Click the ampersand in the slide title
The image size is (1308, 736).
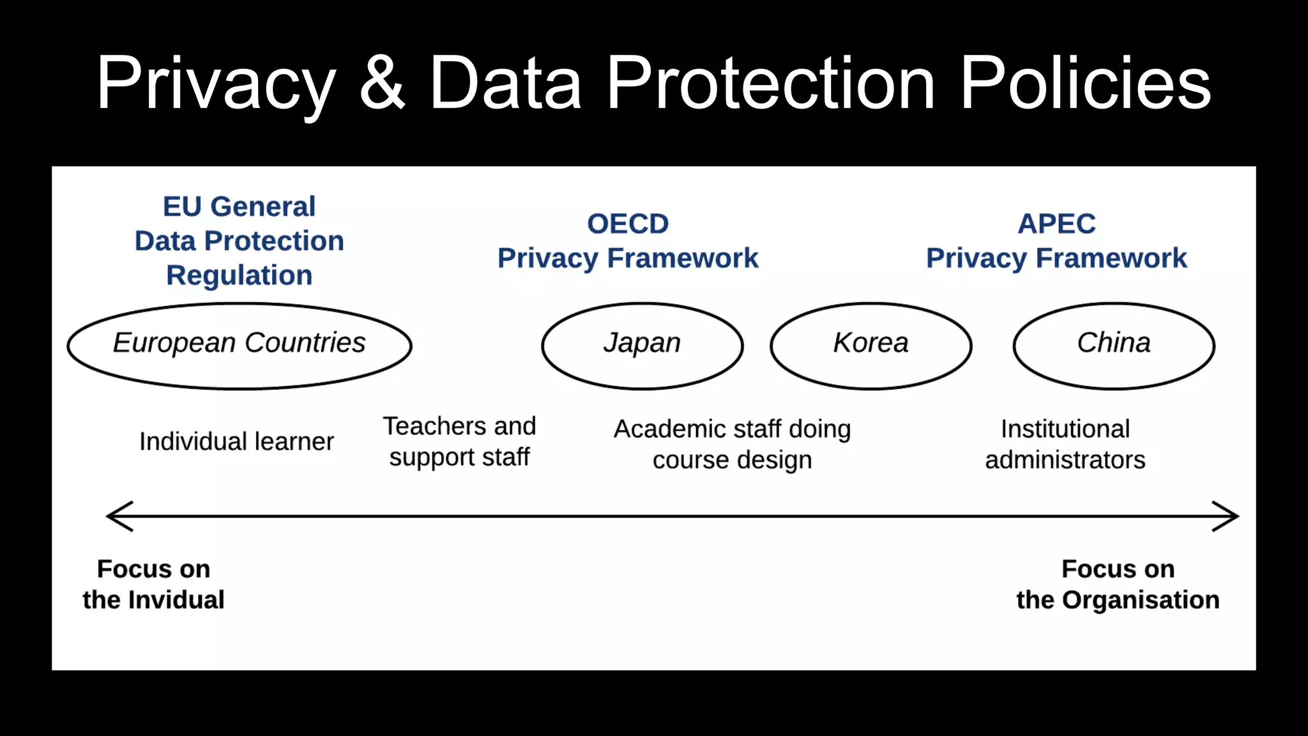[x=382, y=83]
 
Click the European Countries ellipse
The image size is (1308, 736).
[x=240, y=346]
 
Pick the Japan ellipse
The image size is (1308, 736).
[x=642, y=346]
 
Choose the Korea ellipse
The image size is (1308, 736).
[x=871, y=346]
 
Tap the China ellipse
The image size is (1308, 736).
[x=1114, y=346]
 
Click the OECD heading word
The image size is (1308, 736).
[x=628, y=224]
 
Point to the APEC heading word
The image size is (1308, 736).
[x=1056, y=224]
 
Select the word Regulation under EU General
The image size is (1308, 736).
[x=240, y=275]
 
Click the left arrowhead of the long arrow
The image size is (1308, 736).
[x=119, y=516]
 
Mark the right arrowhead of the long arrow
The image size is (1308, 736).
[x=1226, y=516]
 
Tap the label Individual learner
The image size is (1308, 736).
[x=236, y=441]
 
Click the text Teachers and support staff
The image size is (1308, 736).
[x=459, y=441]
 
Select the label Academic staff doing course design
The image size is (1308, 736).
[x=732, y=444]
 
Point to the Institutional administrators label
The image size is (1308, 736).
[x=1065, y=444]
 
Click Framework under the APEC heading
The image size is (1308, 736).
[x=1111, y=258]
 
